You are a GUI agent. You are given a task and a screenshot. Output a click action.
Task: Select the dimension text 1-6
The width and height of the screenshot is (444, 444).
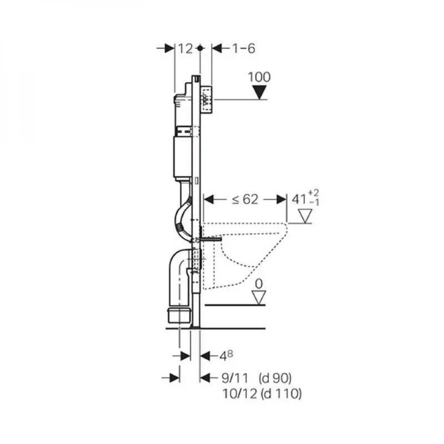point(243,48)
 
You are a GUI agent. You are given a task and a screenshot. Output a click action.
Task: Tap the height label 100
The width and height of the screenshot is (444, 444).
point(259,77)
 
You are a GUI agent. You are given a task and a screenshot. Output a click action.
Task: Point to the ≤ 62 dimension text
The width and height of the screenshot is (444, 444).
point(245,200)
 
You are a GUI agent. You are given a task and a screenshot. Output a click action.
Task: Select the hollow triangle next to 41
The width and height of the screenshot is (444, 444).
point(305,216)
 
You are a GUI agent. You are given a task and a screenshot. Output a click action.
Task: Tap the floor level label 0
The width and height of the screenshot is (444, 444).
point(259,284)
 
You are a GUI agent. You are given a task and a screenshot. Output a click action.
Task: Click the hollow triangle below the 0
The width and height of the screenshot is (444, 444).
point(259,297)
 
